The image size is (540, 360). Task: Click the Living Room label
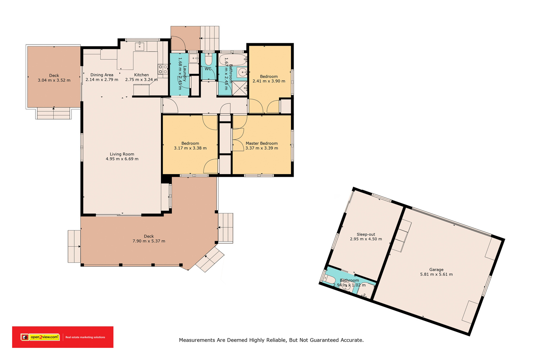(122, 154)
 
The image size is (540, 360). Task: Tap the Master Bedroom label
(262, 143)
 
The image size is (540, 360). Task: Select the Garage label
(436, 270)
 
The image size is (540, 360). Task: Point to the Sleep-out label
(366, 234)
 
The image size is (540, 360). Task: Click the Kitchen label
(141, 75)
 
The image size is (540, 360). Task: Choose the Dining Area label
(102, 75)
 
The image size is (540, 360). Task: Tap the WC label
(208, 69)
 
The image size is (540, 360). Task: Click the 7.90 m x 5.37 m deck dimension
(149, 241)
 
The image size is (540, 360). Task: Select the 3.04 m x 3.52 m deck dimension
(54, 80)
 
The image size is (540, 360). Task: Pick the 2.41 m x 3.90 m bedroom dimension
(269, 81)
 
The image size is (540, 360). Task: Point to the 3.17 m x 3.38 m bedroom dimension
(190, 148)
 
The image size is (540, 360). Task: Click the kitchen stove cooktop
(163, 69)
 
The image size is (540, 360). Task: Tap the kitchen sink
(139, 46)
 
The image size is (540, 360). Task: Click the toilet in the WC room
(208, 59)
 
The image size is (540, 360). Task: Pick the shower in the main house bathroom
(240, 88)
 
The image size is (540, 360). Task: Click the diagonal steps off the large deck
(210, 259)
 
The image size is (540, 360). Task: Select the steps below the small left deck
(54, 113)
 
